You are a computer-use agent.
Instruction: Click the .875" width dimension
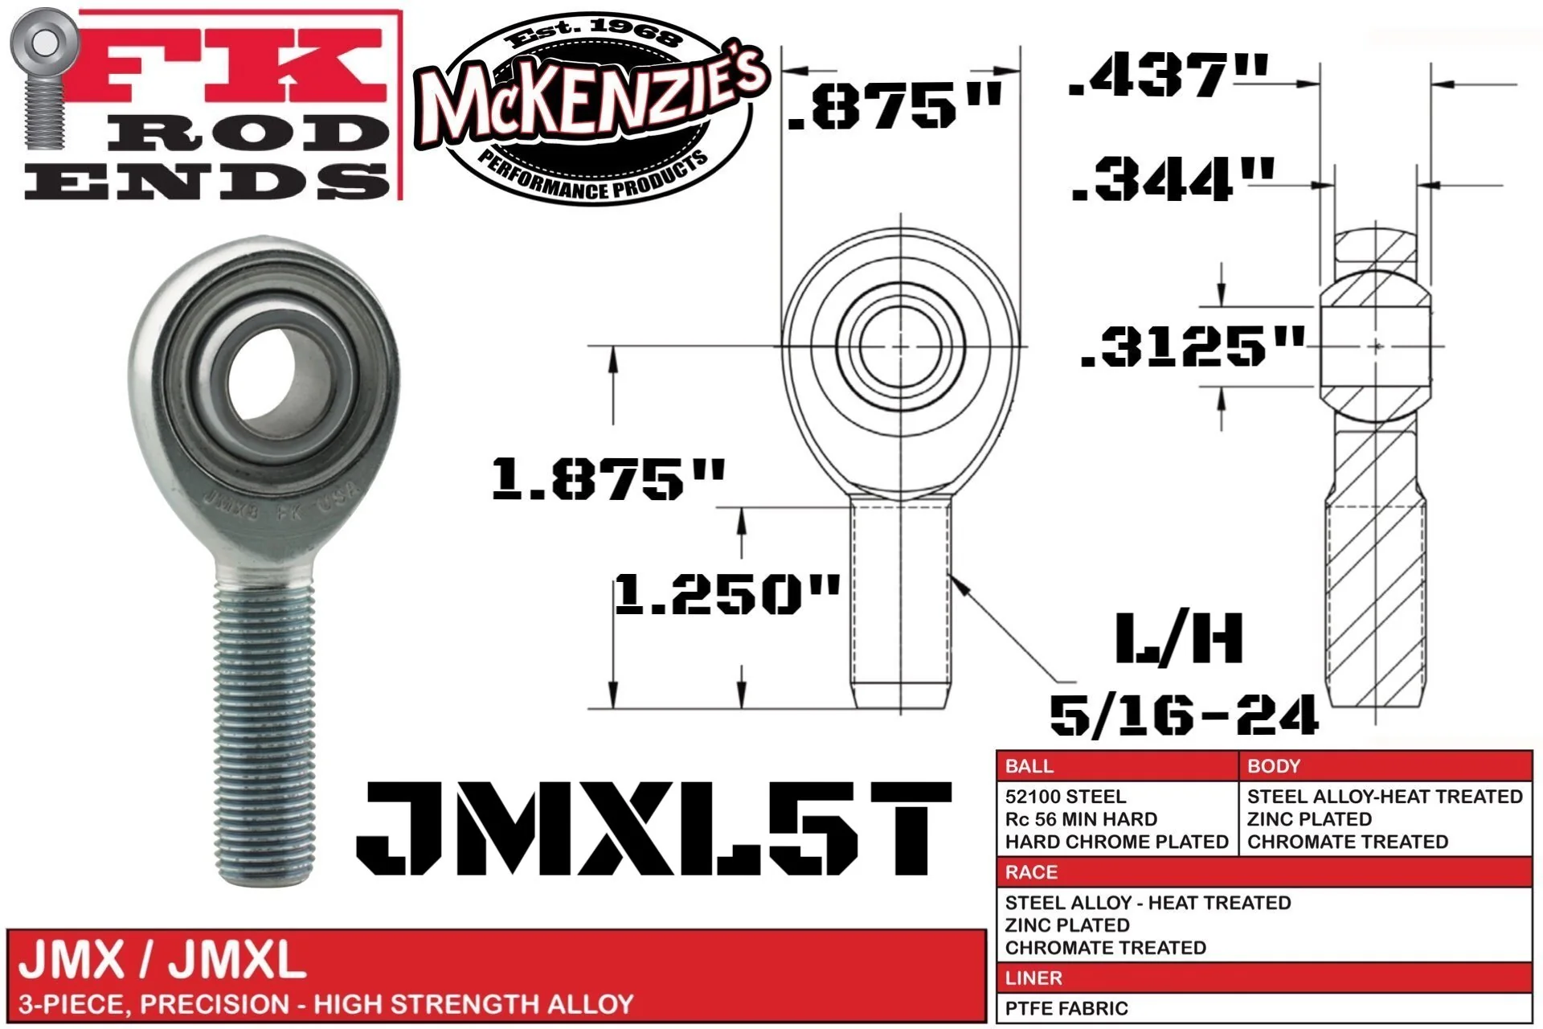click(895, 105)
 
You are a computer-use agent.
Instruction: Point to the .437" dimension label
click(1169, 76)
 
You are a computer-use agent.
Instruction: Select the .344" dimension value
click(1173, 178)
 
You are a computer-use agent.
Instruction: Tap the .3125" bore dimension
click(1193, 346)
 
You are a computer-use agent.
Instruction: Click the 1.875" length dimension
click(608, 478)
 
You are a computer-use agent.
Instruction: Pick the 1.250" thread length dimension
click(727, 595)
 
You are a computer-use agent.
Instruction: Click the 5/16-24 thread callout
click(1184, 714)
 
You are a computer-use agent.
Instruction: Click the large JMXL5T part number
click(654, 828)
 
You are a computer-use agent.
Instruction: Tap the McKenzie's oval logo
click(592, 110)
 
